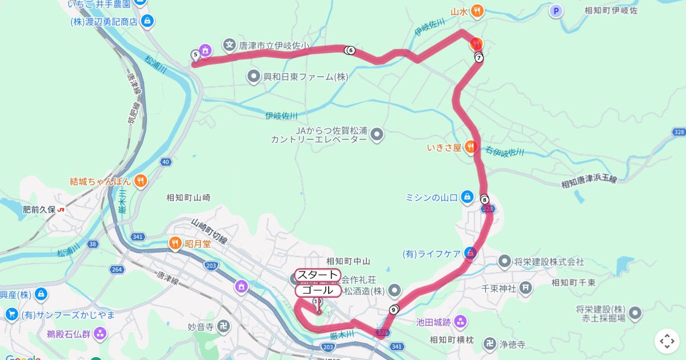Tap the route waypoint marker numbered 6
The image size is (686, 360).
[x=350, y=50]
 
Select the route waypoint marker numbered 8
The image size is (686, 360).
[x=485, y=199]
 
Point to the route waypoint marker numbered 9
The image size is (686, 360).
[x=393, y=310]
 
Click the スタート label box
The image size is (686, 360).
[x=317, y=275]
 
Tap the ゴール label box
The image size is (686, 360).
[x=318, y=290]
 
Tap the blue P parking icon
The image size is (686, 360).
[x=556, y=10]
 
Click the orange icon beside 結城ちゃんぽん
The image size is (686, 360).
[x=141, y=181]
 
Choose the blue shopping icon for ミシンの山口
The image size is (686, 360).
[x=468, y=197]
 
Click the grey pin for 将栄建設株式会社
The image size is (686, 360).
[x=504, y=262]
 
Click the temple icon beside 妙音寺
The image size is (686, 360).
[x=224, y=327]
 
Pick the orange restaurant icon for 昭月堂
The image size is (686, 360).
[x=175, y=244]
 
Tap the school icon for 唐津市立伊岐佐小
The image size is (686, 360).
[x=230, y=44]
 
